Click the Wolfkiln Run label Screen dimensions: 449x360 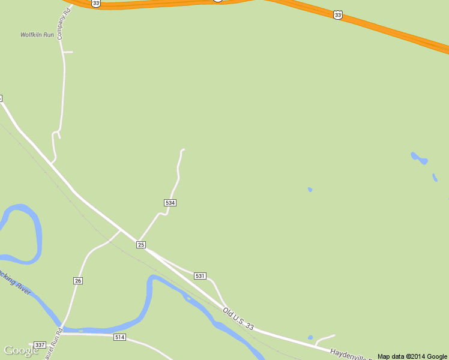(37, 35)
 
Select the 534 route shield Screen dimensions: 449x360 (170, 203)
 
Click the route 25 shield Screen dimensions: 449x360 (141, 244)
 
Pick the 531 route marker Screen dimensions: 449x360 (200, 275)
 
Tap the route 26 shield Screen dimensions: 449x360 (78, 280)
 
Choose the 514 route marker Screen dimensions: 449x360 (119, 337)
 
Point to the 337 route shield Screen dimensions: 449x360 (40, 344)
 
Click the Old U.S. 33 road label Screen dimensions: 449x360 (238, 319)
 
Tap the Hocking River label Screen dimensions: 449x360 (14, 283)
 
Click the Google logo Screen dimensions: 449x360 (21, 350)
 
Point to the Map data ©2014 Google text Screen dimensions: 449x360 (412, 356)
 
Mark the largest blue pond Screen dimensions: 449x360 (419, 159)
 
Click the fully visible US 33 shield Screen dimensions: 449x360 (338, 14)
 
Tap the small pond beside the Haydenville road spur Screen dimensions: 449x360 (310, 338)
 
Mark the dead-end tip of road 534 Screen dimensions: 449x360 (183, 149)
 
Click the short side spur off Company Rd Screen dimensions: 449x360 (68, 52)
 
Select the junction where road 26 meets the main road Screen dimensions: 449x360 (120, 230)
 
